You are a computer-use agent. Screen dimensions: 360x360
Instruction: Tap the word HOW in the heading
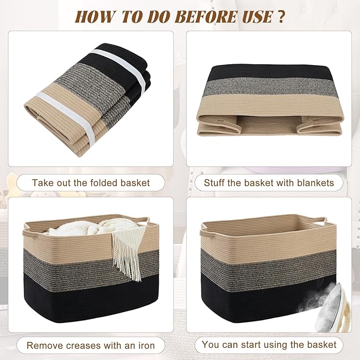click(x=94, y=16)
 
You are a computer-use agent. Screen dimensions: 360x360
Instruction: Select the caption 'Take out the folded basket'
click(x=91, y=183)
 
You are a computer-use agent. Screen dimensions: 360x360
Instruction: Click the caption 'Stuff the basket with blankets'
click(x=269, y=183)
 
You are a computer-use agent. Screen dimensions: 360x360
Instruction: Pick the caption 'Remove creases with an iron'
click(x=91, y=346)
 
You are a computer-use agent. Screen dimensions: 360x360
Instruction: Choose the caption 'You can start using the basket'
click(x=269, y=345)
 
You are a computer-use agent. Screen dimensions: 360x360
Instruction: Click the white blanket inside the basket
click(x=80, y=227)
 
